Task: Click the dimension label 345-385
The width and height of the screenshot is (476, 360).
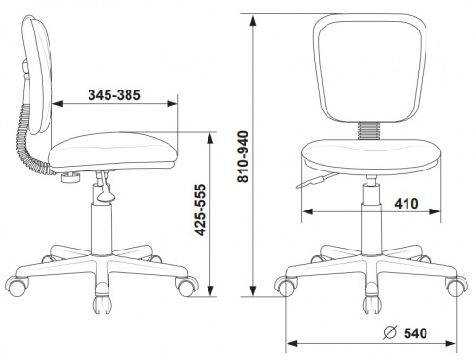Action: coord(114,95)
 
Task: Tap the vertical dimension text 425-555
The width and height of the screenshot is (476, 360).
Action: coord(200,210)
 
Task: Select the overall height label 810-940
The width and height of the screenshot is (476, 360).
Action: coord(244,156)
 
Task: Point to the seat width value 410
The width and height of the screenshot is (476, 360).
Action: coord(407,204)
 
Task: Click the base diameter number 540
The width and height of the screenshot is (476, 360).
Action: coord(415,333)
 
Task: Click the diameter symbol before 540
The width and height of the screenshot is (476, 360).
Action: coord(390,332)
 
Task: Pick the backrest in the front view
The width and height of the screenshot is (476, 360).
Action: coord(369,69)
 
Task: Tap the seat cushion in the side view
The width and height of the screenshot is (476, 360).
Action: coord(112,150)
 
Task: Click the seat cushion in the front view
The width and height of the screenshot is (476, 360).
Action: coord(370,156)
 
